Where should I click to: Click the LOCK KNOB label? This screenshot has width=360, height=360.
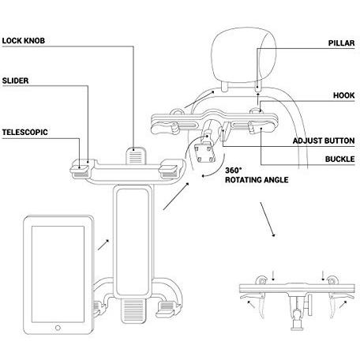[24, 41]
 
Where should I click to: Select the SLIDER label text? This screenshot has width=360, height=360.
[15, 81]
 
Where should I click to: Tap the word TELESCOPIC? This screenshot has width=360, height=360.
[25, 132]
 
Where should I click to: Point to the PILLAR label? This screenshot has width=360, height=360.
[341, 43]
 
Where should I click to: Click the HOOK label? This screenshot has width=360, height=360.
[344, 96]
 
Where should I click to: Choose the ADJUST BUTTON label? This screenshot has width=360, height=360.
[324, 141]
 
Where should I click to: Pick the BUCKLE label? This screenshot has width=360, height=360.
[339, 159]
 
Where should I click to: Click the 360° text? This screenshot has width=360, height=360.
[233, 171]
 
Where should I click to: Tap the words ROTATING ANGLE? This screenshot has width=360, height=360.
[257, 180]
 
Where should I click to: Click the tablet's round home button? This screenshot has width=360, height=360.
[58, 328]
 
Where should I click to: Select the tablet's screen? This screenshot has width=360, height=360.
[58, 274]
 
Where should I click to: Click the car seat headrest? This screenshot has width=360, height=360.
[244, 54]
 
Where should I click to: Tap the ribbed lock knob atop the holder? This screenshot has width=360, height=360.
[136, 156]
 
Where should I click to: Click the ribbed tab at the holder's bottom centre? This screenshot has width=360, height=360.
[133, 311]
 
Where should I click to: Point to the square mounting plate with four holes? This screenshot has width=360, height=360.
[204, 153]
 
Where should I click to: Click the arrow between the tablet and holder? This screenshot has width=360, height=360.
[103, 245]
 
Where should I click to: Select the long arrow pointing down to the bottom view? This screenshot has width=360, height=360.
[268, 219]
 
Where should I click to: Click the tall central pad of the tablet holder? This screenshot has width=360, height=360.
[133, 242]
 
